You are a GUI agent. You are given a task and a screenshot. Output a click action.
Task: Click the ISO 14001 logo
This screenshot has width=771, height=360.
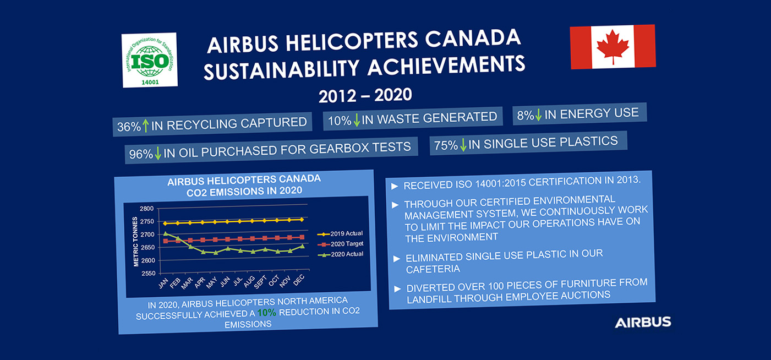(x=150, y=60)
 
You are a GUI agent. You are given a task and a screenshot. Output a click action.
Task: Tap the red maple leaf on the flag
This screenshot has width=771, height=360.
(x=613, y=47)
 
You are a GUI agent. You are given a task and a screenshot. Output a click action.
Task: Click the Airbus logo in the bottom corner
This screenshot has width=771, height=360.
(x=643, y=323)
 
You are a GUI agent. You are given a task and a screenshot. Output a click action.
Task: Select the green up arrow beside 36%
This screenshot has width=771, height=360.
(x=146, y=126)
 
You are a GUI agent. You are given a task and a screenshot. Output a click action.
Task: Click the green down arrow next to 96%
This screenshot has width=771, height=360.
(x=157, y=153)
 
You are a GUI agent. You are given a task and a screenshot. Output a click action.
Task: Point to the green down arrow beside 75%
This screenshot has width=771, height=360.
(x=463, y=145)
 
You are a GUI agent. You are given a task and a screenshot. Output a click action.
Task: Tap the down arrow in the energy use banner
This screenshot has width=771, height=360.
(x=538, y=114)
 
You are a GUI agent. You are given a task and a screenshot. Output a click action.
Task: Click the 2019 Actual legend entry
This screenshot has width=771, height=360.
(x=340, y=234)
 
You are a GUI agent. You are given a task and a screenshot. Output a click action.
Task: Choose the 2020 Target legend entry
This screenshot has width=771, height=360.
(x=341, y=244)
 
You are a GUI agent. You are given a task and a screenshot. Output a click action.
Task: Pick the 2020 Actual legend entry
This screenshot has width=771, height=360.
(x=341, y=254)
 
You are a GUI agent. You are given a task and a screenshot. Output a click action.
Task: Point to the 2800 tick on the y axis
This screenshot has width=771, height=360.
(x=146, y=209)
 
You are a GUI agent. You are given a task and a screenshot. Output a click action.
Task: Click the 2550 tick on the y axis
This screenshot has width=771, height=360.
(x=149, y=273)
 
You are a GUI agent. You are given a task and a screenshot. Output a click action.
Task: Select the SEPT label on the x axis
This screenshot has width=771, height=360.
(x=260, y=282)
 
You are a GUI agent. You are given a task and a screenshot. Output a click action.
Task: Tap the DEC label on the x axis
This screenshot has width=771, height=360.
(x=299, y=281)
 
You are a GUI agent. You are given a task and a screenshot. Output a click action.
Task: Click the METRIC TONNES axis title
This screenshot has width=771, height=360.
(x=135, y=242)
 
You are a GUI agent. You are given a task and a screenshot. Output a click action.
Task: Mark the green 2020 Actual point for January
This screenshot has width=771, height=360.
(x=166, y=234)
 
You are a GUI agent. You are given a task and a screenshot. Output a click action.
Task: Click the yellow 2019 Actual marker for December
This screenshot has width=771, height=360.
(x=302, y=219)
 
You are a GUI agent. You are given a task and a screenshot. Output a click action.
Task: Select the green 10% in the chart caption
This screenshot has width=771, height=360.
(x=267, y=313)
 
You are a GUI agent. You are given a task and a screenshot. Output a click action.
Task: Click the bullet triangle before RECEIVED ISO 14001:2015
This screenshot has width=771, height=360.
(x=395, y=187)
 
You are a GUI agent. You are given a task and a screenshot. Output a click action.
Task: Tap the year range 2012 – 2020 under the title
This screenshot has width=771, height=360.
(x=365, y=95)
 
